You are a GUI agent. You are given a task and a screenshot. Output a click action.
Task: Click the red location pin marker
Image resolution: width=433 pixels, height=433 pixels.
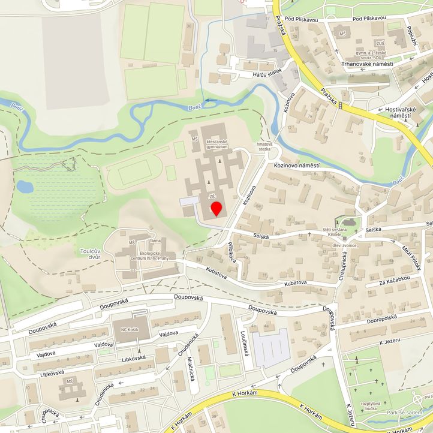coord(217,209)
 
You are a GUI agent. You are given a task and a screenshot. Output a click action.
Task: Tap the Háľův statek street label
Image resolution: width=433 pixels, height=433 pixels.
coord(267,72)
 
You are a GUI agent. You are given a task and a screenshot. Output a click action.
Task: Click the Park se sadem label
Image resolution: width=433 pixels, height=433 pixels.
coord(404,413)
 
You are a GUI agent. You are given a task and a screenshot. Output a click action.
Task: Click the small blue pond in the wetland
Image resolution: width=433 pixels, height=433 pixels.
coord(25,187)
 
